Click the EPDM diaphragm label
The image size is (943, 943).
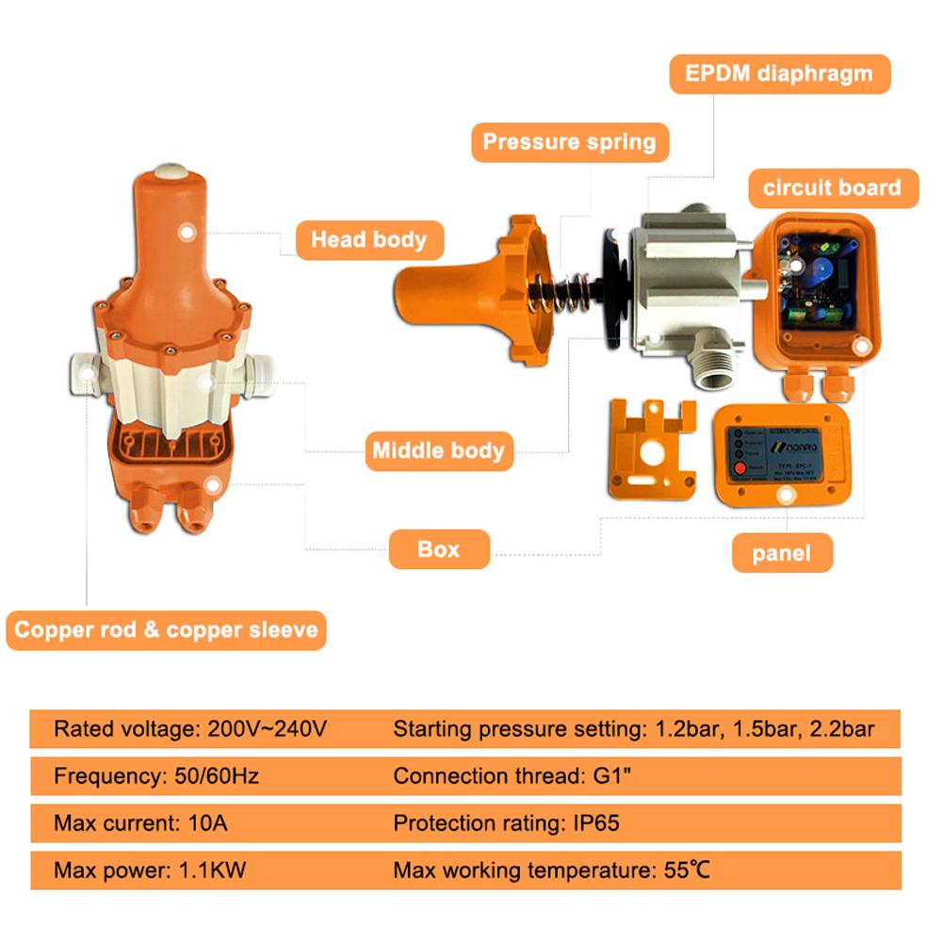(779, 73)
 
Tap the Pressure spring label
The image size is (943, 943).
(569, 142)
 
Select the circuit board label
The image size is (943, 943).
(832, 187)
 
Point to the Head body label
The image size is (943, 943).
(368, 239)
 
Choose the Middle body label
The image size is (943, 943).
(438, 450)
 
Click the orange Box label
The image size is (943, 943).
(439, 549)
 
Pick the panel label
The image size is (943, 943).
(782, 553)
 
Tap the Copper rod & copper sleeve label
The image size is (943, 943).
(166, 629)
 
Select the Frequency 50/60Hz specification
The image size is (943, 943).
(156, 776)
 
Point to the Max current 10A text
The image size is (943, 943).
(140, 822)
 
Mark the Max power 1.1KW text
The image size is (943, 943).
(150, 870)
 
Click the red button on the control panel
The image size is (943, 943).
(740, 468)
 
